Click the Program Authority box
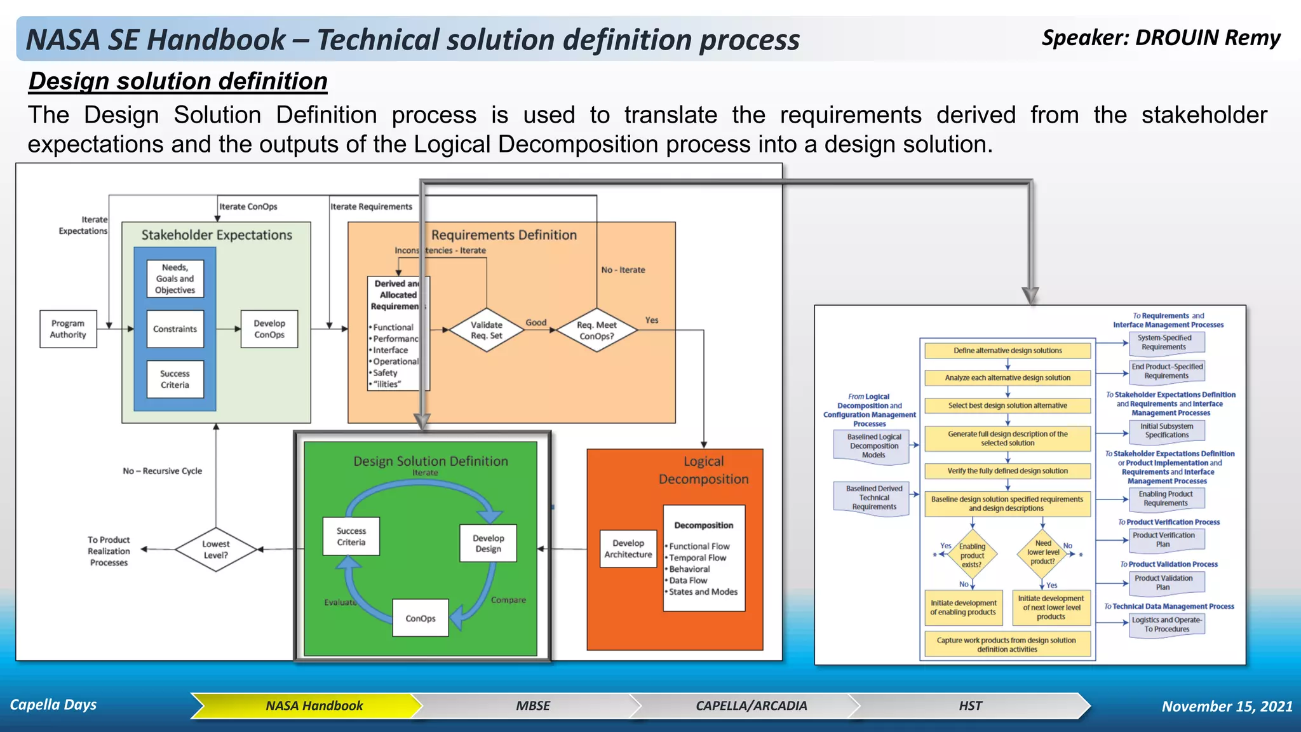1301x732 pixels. pyautogui.click(x=68, y=329)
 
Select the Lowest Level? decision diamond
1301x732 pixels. pyautogui.click(x=216, y=550)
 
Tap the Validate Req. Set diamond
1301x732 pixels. pyautogui.click(x=486, y=330)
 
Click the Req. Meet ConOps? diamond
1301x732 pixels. pyautogui.click(x=597, y=330)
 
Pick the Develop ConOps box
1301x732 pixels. pyautogui.click(x=269, y=329)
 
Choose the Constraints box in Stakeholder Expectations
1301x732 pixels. pyautogui.click(x=175, y=329)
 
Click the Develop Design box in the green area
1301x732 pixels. pyautogui.click(x=488, y=543)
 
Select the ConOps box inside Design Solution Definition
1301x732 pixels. pyautogui.click(x=421, y=618)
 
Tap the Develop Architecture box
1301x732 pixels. pyautogui.click(x=628, y=549)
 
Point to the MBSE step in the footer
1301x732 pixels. pyautogui.click(x=532, y=706)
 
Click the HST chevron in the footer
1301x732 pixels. pyautogui.click(x=970, y=706)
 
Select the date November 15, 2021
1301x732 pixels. pyautogui.click(x=1227, y=707)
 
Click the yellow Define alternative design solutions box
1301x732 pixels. pyautogui.click(x=1008, y=351)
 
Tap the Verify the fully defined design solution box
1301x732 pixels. pyautogui.click(x=1008, y=471)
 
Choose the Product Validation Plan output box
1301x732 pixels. pyautogui.click(x=1166, y=583)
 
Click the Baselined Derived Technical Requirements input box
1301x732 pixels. pyautogui.click(x=874, y=498)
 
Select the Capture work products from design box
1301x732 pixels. pyautogui.click(x=1007, y=644)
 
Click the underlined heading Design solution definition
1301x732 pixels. pyautogui.click(x=178, y=81)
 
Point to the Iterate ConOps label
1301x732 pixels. pyautogui.click(x=248, y=207)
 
